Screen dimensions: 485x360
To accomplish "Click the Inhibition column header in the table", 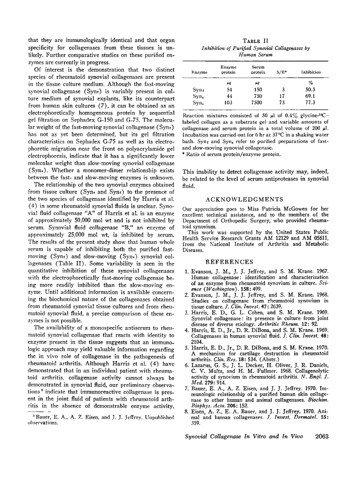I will pos(311,72).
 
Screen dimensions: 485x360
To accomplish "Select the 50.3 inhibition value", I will pos(312,89).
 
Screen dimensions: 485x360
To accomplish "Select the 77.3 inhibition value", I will pos(312,103).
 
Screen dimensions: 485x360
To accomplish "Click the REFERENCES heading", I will pos(225,262).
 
